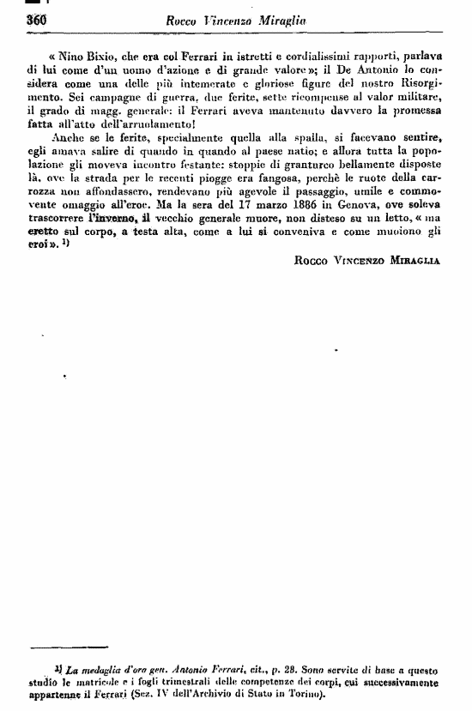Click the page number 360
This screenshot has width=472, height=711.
click(34, 19)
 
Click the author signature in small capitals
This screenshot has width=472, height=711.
click(366, 262)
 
